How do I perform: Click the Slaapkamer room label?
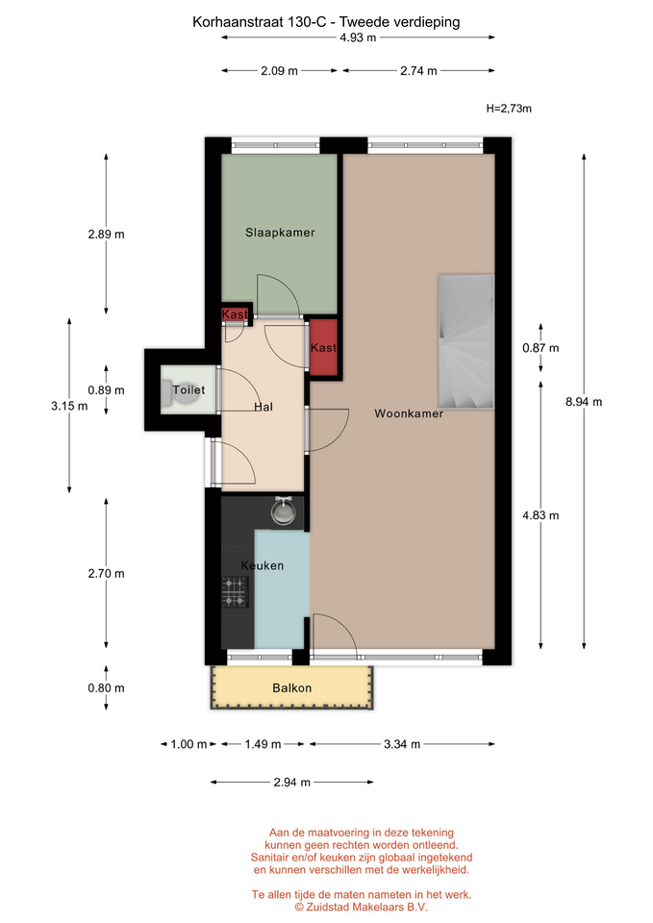click(x=280, y=233)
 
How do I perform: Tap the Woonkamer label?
click(x=410, y=413)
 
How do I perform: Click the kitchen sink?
click(x=284, y=511)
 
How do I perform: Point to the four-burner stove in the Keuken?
click(x=235, y=592)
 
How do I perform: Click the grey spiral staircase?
click(x=465, y=341)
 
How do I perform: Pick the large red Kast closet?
click(x=323, y=347)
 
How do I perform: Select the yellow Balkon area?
click(x=292, y=687)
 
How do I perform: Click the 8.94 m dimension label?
click(x=584, y=402)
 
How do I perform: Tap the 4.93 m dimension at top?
click(x=358, y=37)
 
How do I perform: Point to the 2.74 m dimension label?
click(x=418, y=71)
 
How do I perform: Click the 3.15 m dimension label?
click(x=69, y=406)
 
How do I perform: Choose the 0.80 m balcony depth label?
click(x=106, y=688)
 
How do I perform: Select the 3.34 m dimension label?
click(x=402, y=744)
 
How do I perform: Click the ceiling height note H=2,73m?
click(x=509, y=109)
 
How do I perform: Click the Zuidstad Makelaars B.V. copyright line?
click(x=362, y=907)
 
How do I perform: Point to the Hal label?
click(x=264, y=407)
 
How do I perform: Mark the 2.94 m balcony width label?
click(x=292, y=783)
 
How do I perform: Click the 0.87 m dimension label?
click(x=540, y=348)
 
